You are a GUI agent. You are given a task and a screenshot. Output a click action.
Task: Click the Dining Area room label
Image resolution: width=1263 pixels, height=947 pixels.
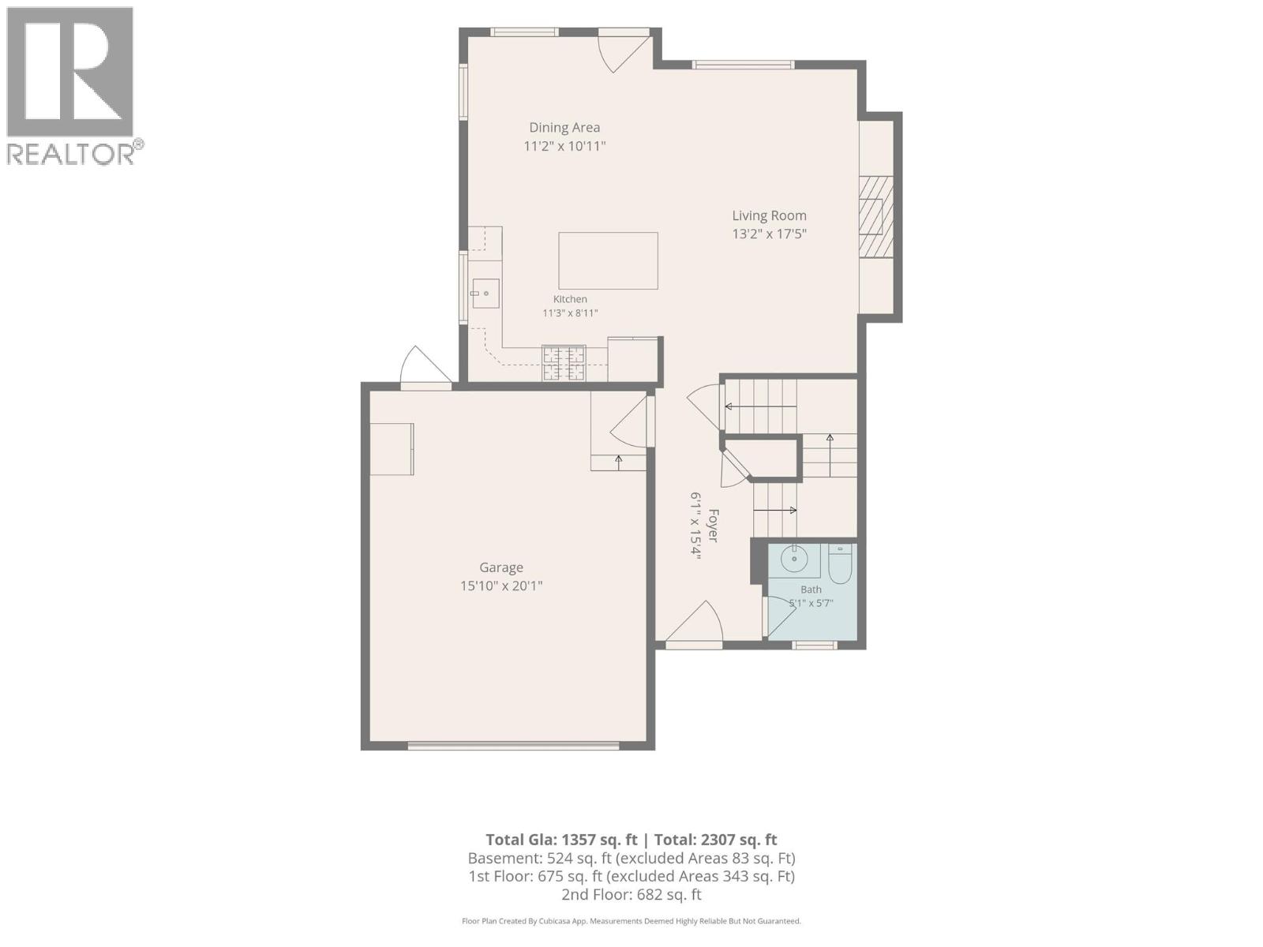[x=564, y=128]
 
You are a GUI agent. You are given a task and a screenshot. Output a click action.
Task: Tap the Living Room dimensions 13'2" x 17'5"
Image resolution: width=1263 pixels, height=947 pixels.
[x=769, y=234]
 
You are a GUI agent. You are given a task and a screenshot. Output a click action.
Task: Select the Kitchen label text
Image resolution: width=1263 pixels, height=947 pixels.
[x=570, y=299]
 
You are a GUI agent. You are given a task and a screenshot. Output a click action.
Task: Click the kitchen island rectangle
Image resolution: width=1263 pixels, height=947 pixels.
[x=608, y=260]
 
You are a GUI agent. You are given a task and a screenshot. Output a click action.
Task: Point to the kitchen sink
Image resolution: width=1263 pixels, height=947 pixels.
[x=485, y=294]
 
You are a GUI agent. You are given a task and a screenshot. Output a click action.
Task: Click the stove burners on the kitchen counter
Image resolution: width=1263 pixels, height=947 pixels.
[x=564, y=363]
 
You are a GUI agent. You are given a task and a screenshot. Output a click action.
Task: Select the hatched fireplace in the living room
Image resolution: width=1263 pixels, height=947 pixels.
[x=875, y=217]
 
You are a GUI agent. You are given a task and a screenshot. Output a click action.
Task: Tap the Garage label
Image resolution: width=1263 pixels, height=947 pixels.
[x=501, y=567]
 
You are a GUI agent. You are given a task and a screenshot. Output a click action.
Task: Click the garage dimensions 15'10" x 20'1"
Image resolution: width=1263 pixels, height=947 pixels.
[x=501, y=586]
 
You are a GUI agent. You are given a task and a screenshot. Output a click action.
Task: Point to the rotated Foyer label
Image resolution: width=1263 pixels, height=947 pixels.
[x=713, y=525]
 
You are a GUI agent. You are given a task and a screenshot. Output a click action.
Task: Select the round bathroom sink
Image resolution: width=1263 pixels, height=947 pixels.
[x=794, y=558]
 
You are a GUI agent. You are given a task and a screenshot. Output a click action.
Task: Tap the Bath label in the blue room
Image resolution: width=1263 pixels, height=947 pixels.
[x=811, y=590]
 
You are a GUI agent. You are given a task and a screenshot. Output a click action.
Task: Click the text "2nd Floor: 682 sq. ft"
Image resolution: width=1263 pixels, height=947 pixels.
[x=631, y=894]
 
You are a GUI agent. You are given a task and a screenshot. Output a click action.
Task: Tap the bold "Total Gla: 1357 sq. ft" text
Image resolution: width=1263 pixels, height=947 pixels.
[x=561, y=840]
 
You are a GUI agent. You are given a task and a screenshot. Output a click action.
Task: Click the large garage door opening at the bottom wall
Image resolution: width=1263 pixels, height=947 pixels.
[x=513, y=746]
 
